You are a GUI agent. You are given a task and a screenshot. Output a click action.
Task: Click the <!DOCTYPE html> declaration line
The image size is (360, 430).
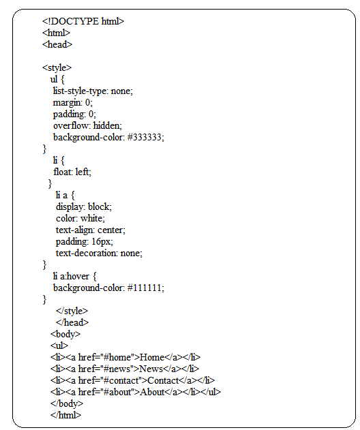tap(83, 21)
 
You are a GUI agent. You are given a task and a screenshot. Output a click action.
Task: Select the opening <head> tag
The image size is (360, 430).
tap(57, 44)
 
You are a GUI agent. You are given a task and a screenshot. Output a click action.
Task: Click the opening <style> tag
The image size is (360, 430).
tap(57, 68)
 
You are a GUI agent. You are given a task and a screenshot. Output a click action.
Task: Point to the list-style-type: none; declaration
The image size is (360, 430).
tap(93, 91)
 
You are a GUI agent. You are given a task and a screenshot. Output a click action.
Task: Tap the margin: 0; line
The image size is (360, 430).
tap(73, 103)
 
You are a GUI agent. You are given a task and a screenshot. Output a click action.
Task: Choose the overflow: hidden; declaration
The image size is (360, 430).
tap(87, 125)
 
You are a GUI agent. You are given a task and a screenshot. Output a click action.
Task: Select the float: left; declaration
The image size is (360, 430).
tap(72, 172)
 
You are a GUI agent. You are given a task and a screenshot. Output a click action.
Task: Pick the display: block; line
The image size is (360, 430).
tap(84, 206)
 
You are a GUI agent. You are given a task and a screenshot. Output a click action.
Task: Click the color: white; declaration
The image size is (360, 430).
tap(80, 218)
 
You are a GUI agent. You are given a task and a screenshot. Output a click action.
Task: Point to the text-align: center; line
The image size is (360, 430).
tap(90, 230)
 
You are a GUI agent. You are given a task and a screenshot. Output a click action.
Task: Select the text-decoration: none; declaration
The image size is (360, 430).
tap(99, 253)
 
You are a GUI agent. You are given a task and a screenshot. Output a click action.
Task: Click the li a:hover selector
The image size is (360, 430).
tap(71, 276)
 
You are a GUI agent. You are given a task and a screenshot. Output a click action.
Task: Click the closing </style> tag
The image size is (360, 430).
tap(72, 311)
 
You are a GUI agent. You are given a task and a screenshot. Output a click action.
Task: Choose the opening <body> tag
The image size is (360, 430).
tap(65, 334)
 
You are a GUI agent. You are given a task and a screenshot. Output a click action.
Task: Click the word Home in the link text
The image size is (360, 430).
tap(152, 357)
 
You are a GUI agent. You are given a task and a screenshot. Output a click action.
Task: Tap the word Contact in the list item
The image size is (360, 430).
tap(163, 381)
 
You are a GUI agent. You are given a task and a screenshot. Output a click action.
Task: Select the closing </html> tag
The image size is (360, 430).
tap(66, 415)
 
